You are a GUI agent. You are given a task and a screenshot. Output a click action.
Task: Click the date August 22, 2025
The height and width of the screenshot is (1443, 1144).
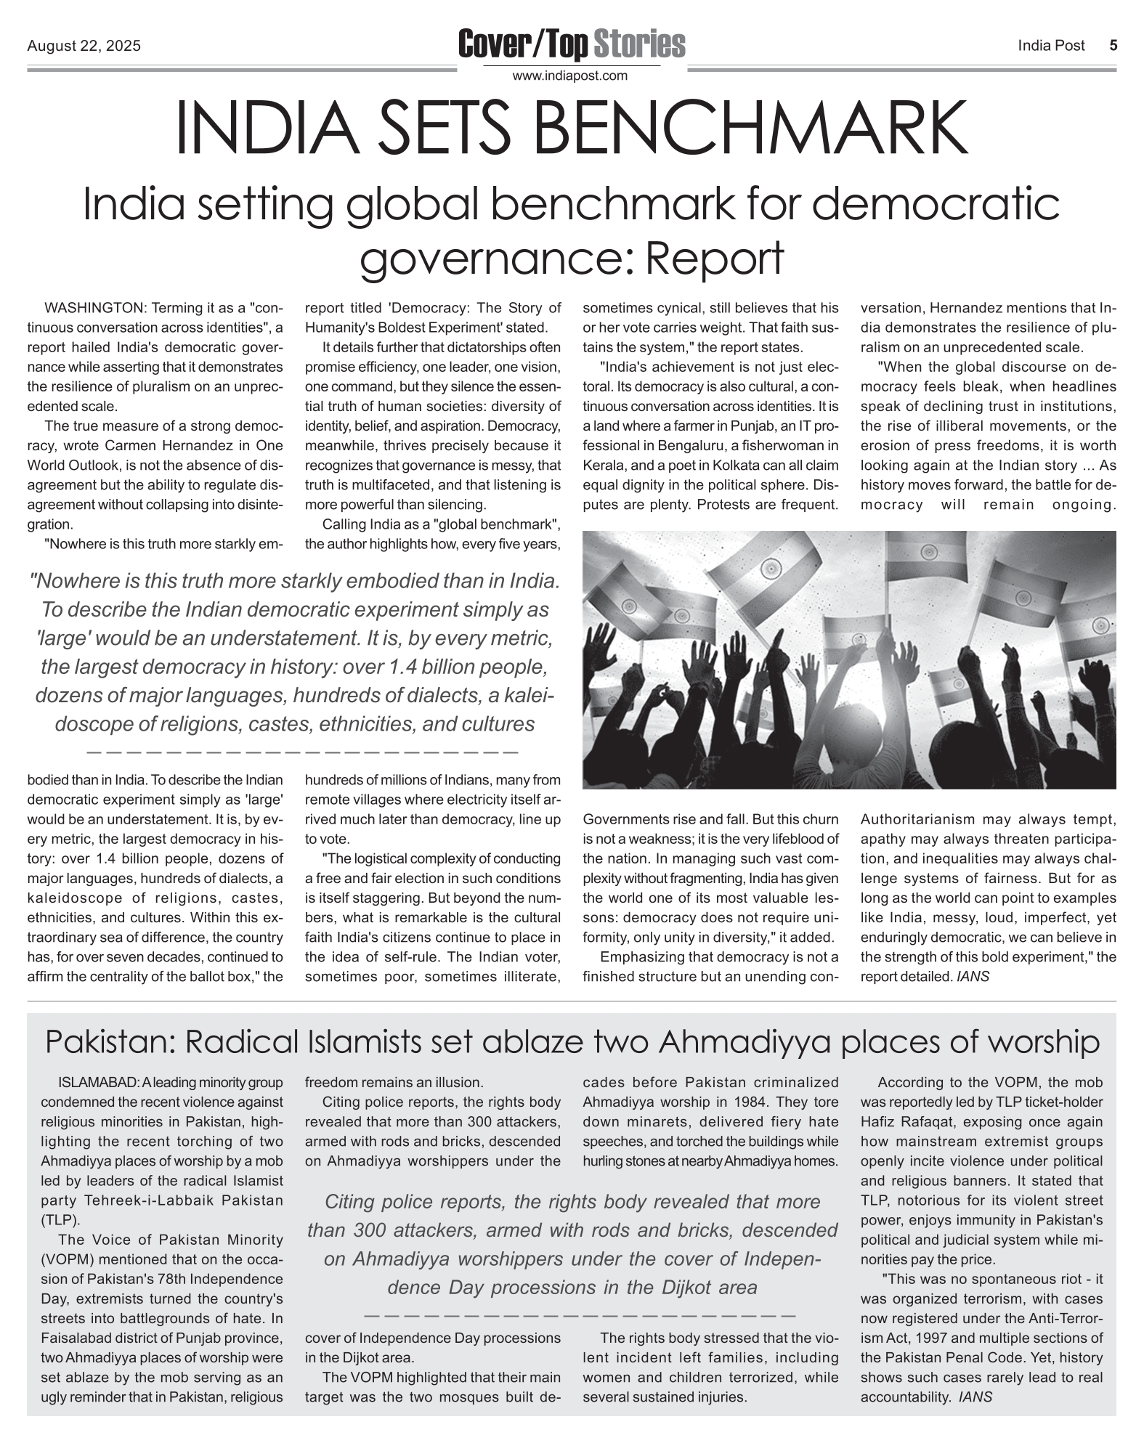84,46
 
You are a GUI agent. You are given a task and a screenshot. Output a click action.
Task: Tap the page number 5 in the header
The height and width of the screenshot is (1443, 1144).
1113,45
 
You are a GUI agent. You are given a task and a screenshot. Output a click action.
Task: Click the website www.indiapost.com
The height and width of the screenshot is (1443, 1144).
570,76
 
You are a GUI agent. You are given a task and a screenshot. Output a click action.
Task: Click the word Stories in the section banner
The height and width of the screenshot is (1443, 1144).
639,44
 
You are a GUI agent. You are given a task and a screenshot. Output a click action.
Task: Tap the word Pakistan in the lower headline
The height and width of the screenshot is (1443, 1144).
107,1042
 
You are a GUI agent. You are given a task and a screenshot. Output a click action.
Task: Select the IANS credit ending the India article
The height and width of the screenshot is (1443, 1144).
973,977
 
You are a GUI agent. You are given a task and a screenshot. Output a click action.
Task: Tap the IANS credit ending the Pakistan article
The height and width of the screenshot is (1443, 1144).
975,1397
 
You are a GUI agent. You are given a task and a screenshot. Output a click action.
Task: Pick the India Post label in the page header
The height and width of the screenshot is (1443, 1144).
1051,46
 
